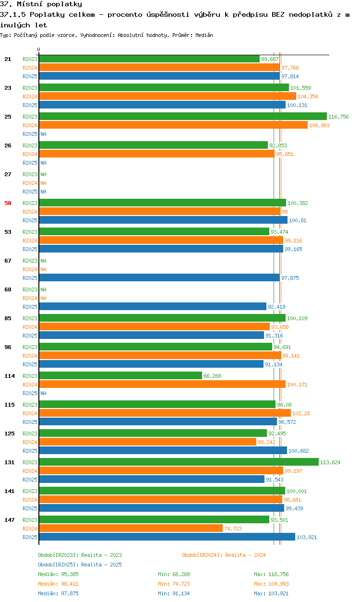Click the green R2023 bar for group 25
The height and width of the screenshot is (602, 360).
183,116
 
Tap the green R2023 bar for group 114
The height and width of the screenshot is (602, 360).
120,375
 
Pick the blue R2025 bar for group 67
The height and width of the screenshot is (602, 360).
159,277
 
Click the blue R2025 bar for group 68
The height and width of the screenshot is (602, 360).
153,306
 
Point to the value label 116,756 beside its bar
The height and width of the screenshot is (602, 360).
338,117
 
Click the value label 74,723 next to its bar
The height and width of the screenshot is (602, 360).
233,529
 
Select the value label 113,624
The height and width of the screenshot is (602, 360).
330,462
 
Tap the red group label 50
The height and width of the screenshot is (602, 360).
8,203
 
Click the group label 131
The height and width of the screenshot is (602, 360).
10,462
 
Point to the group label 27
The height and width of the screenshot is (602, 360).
8,174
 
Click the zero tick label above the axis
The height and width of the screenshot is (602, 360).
39,49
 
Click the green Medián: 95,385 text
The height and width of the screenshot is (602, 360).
58,574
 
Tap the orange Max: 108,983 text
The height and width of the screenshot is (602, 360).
271,584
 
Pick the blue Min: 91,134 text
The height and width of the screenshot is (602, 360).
174,593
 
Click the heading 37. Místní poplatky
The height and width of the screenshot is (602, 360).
41,4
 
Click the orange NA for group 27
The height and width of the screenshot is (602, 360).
43,183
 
